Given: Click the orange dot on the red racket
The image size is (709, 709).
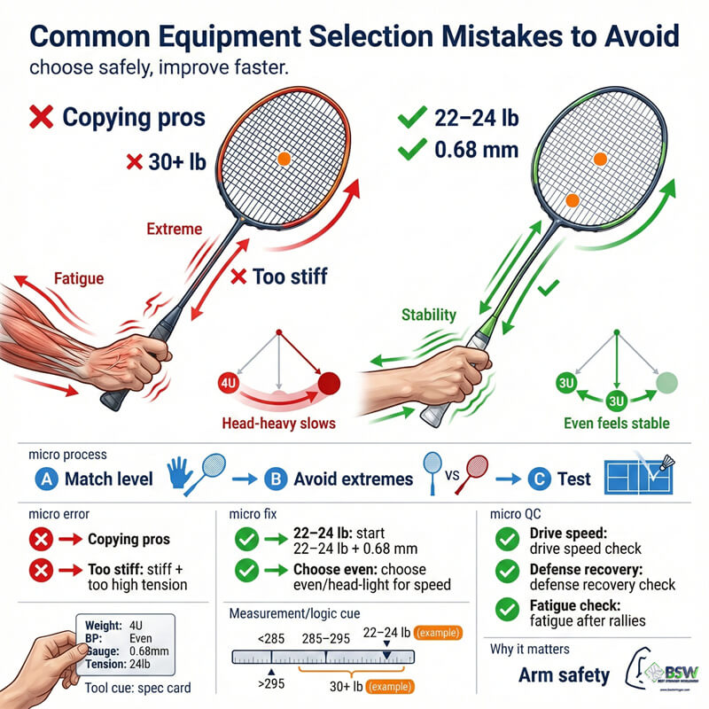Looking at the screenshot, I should [284, 159].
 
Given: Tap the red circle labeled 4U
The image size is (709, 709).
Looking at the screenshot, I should [227, 384].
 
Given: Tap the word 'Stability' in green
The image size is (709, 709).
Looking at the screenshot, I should [429, 314].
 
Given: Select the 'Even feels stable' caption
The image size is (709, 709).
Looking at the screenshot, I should [616, 423].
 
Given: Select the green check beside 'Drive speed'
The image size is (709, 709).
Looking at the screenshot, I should [506, 537].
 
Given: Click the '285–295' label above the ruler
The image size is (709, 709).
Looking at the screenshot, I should [325, 635].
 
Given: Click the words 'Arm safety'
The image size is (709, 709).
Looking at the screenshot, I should [565, 675].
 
